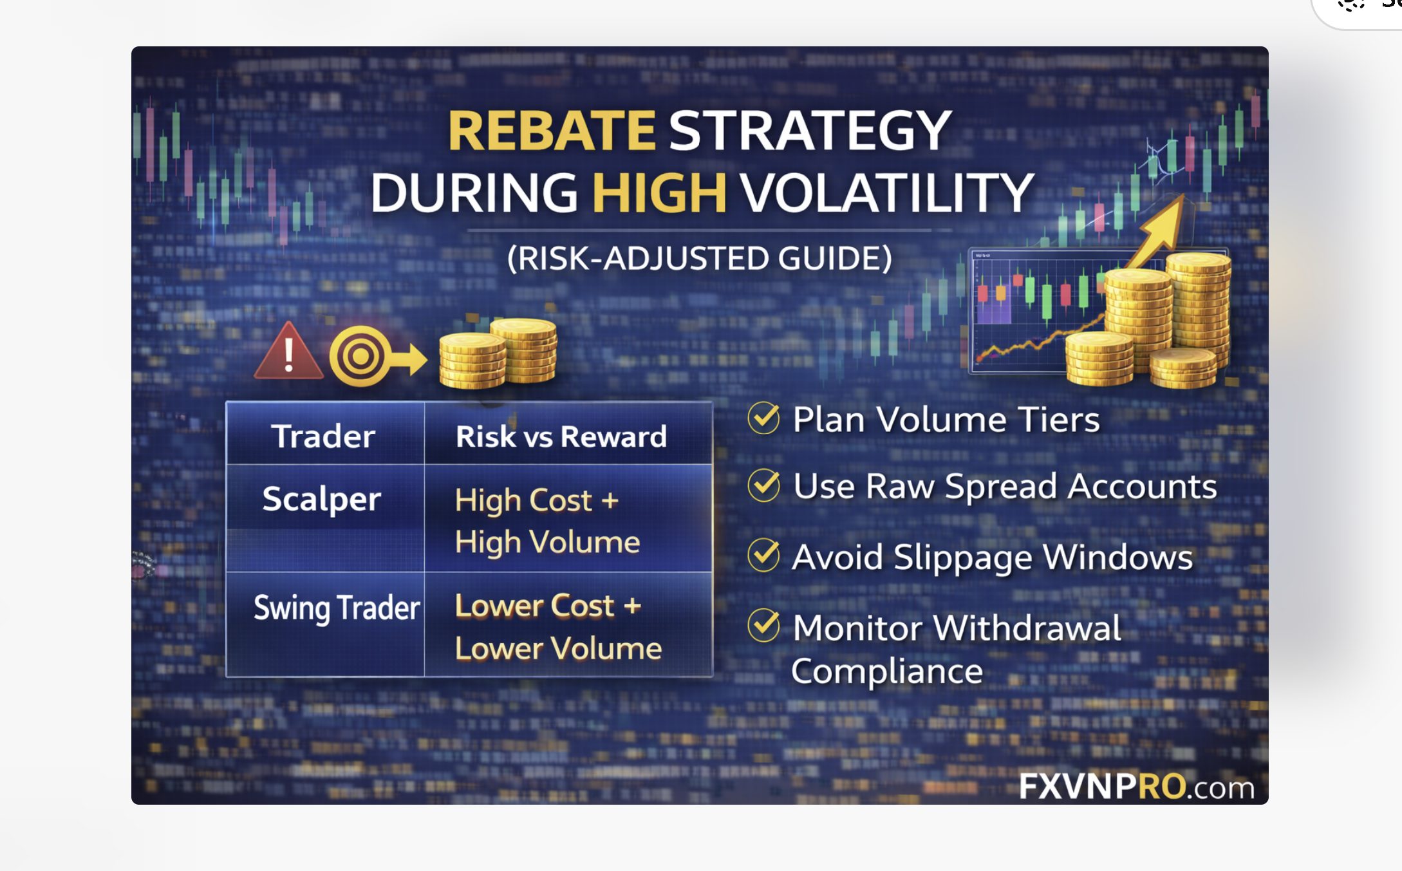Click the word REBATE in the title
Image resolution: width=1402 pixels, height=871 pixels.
[552, 131]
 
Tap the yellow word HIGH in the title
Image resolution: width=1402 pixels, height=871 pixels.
[659, 192]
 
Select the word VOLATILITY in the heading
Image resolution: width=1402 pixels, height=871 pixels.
[886, 192]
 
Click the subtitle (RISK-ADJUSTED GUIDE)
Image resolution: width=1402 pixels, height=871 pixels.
[700, 259]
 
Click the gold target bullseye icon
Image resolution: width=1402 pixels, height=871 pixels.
[360, 356]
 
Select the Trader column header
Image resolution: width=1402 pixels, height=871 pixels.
[323, 436]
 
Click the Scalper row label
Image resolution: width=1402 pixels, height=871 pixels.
[322, 500]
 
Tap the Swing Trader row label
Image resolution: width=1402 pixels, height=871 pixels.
[337, 608]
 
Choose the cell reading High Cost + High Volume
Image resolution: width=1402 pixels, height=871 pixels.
[547, 521]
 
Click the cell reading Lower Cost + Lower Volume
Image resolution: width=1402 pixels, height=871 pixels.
[558, 626]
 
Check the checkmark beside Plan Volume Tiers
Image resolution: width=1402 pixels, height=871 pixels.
[764, 418]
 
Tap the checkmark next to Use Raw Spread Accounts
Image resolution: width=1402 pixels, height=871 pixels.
[764, 485]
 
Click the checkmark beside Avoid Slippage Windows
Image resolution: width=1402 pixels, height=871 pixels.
[764, 556]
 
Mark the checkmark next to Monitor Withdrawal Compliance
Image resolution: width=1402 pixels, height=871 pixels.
[764, 626]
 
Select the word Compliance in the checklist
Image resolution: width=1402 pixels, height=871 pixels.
[887, 672]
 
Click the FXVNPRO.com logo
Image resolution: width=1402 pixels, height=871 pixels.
[1137, 786]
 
